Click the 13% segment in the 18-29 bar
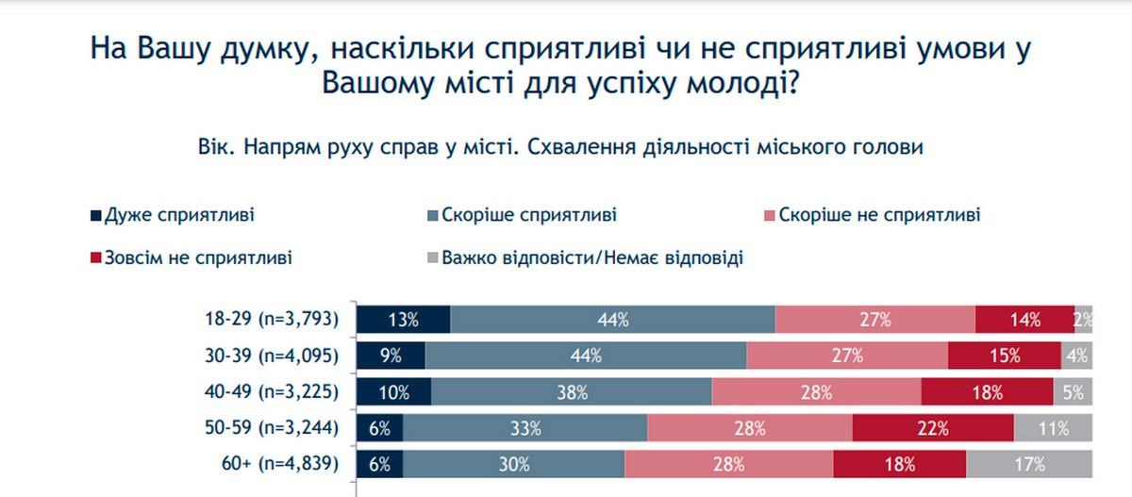(x=403, y=320)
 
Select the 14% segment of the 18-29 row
(x=1024, y=320)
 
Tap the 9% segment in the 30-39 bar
(x=391, y=356)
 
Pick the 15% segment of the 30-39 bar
(x=1004, y=356)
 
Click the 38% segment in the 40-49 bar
(x=572, y=391)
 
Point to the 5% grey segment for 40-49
(x=1074, y=391)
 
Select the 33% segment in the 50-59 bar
(x=525, y=427)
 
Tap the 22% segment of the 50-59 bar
(x=932, y=427)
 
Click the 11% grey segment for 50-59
(x=1054, y=427)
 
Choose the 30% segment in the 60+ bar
(x=513, y=463)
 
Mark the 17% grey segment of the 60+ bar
(x=1029, y=463)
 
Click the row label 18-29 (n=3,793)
(x=269, y=320)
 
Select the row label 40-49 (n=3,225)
(x=269, y=391)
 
